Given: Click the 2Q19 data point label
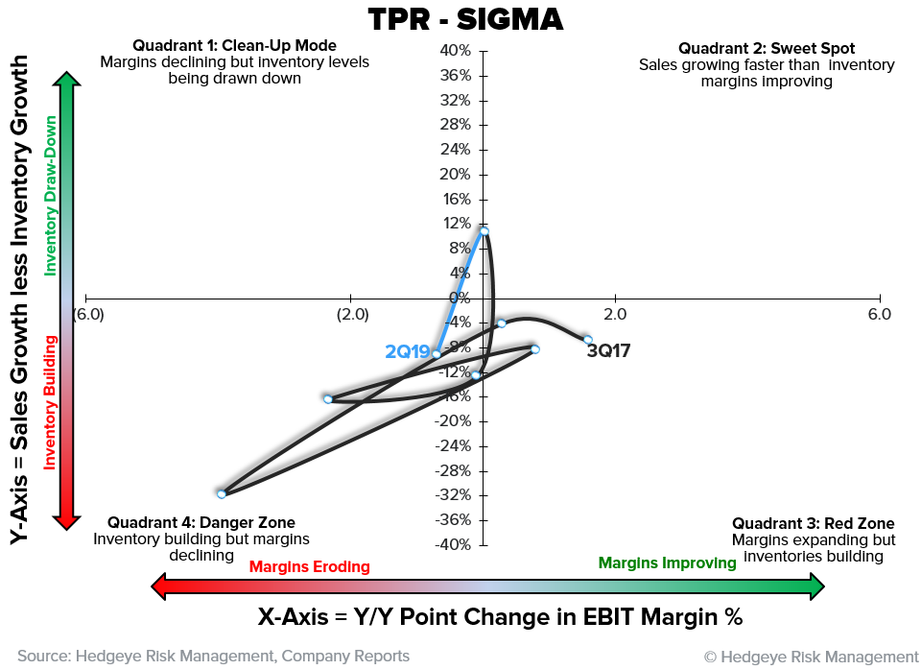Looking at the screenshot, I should tap(407, 352).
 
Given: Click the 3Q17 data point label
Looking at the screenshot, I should tap(608, 351).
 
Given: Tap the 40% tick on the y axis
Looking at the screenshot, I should tap(454, 50).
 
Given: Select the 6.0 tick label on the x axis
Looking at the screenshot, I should tap(879, 315).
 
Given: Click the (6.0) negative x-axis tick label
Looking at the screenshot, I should tap(88, 315).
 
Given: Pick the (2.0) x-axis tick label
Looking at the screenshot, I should tap(352, 315).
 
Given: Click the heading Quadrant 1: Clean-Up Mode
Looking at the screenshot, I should tap(235, 45).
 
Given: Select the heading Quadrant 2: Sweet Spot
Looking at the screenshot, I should tap(767, 48).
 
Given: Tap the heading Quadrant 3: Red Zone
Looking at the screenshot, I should tap(813, 523).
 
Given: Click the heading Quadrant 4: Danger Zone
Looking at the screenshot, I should tap(201, 523).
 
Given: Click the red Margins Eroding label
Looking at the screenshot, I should tap(309, 566).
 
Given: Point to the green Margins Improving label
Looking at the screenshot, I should tap(667, 563).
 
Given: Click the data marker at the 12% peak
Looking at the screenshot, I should tap(484, 231).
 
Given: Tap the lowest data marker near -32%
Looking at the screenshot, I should tap(222, 494).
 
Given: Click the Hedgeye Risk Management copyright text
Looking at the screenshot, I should tap(811, 657).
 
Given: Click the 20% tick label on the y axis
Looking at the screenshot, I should tap(454, 174).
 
